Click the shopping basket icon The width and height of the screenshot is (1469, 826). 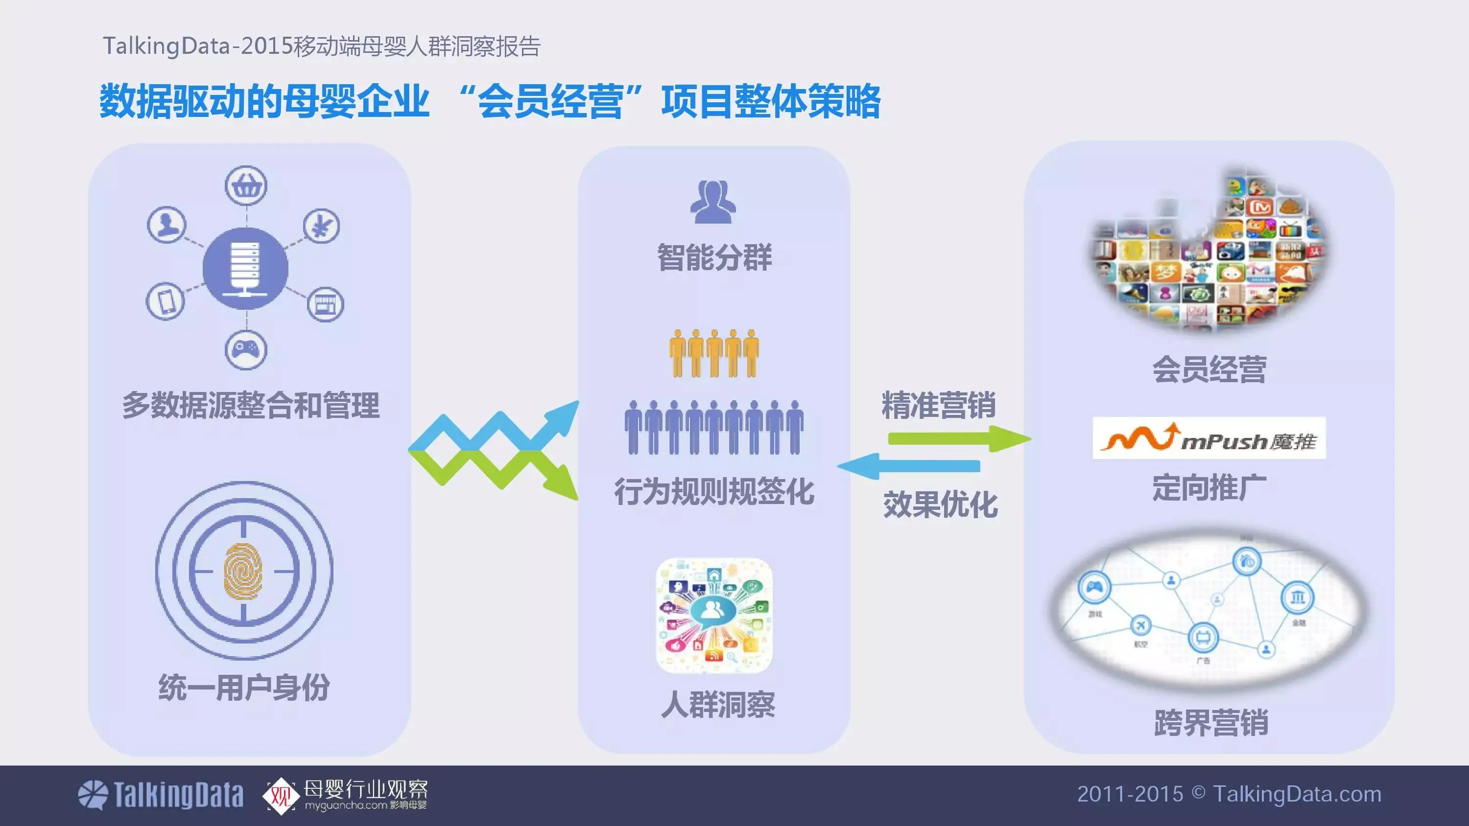[x=246, y=185]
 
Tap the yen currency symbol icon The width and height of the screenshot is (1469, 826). [x=321, y=226]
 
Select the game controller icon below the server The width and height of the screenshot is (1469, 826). [x=246, y=349]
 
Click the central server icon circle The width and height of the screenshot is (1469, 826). [x=246, y=269]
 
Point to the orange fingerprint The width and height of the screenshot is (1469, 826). [x=243, y=571]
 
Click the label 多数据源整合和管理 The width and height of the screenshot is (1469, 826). [x=250, y=405]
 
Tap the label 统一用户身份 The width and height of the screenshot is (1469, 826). [x=244, y=687]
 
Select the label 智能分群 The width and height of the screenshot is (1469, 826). [x=714, y=257]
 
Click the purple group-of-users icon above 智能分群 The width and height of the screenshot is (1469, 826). [x=713, y=201]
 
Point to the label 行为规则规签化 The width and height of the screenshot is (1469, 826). [x=714, y=491]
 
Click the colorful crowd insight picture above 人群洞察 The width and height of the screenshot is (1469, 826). [x=714, y=616]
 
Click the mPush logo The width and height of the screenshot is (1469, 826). [x=1209, y=438]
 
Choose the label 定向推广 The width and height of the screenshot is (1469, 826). [x=1209, y=487]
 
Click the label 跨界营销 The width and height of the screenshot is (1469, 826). [x=1210, y=723]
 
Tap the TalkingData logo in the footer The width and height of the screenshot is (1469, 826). [x=160, y=795]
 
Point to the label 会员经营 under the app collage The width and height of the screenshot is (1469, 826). [x=1209, y=369]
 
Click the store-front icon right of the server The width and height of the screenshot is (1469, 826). [x=326, y=304]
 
